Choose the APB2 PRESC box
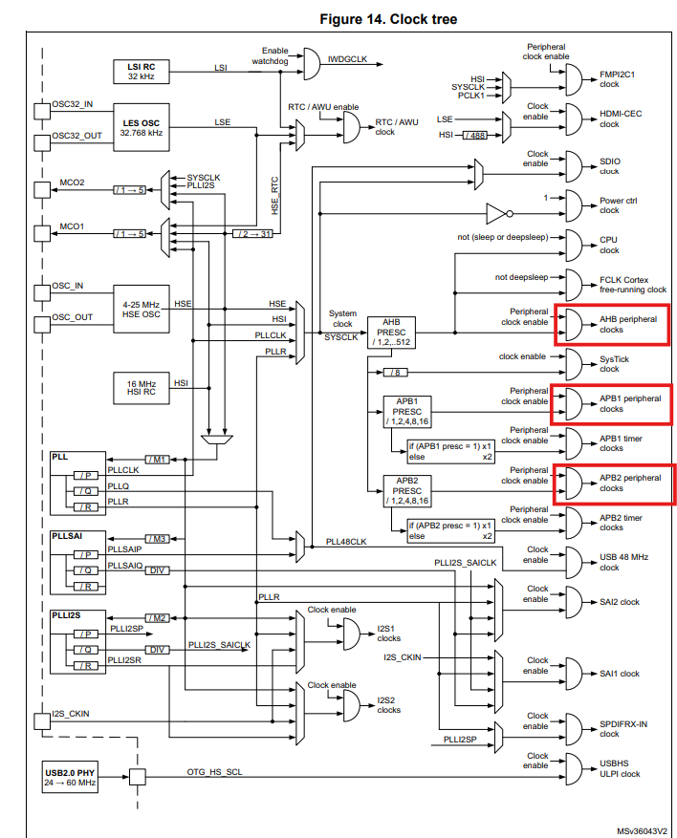(x=406, y=489)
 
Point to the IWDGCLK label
(x=348, y=58)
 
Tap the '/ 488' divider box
(x=475, y=136)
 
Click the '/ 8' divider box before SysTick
(x=395, y=372)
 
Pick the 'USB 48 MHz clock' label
(x=623, y=562)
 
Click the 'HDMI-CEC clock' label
(x=621, y=118)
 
